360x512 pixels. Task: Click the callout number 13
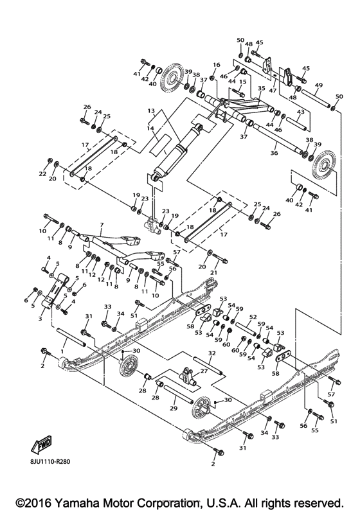tap(151, 110)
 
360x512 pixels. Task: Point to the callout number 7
tap(102, 226)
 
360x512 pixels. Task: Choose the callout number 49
tap(319, 85)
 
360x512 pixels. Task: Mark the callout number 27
tap(204, 371)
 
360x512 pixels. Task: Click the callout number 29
tap(172, 409)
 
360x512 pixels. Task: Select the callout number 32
tap(212, 353)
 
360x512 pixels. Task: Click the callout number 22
tap(43, 173)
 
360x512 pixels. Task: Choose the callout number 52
tap(253, 317)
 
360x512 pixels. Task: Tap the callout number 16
tap(217, 65)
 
